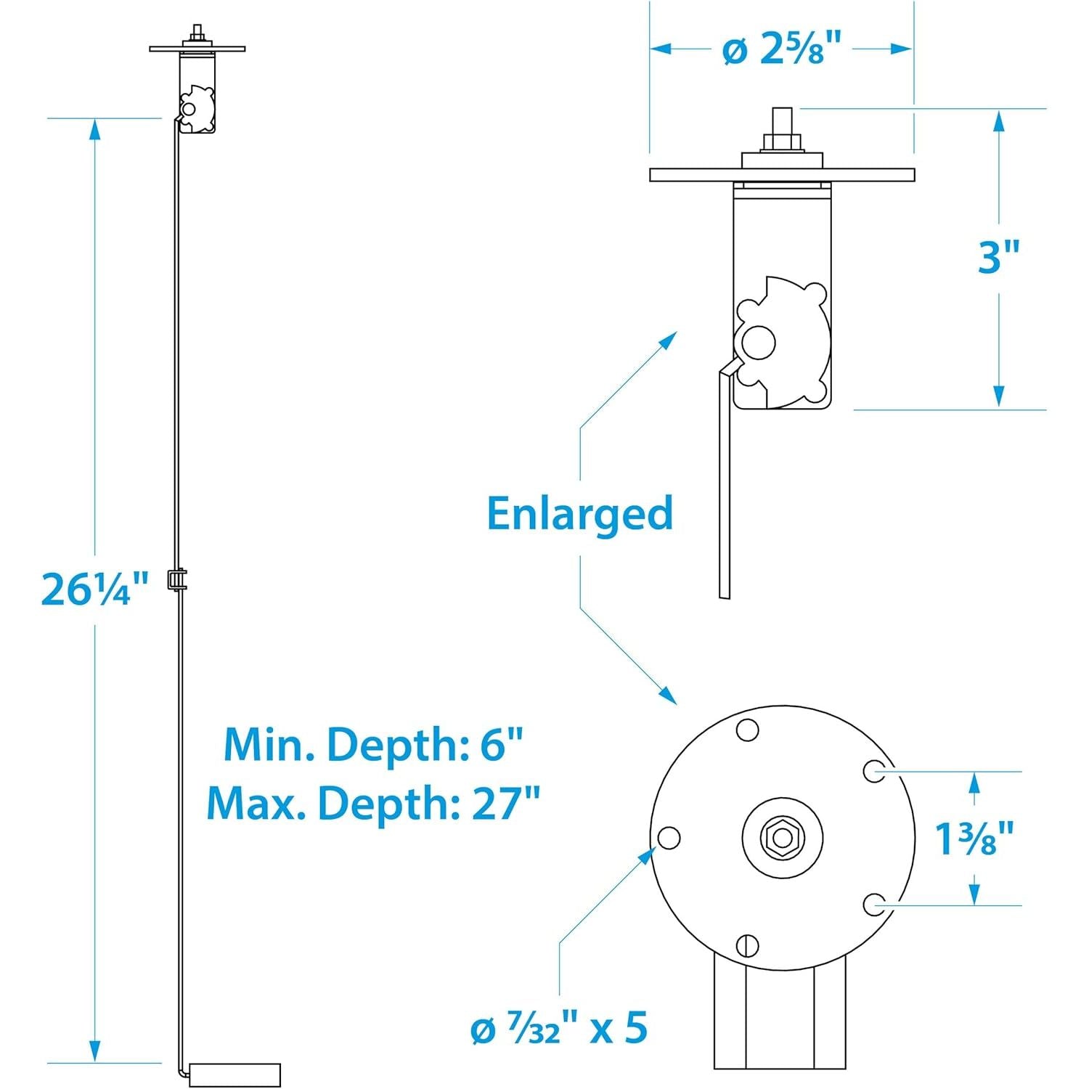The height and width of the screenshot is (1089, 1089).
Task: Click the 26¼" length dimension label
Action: point(95,589)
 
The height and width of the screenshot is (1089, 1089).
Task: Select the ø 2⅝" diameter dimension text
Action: point(781,50)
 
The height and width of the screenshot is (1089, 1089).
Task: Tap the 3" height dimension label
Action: point(999,257)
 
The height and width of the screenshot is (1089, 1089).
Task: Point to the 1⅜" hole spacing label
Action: point(974,839)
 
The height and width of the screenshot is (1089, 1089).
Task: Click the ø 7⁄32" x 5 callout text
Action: point(558,1029)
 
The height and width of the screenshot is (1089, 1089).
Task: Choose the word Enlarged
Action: point(579,514)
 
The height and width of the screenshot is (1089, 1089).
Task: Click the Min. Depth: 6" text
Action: point(373,745)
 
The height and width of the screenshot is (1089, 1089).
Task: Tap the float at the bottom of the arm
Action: point(234,1075)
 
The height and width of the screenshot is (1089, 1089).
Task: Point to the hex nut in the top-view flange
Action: point(782,838)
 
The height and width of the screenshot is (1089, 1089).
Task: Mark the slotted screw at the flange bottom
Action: point(748,945)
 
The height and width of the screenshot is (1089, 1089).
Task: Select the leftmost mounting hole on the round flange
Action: point(669,838)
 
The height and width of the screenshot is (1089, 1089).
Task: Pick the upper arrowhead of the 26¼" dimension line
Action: point(94,129)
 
